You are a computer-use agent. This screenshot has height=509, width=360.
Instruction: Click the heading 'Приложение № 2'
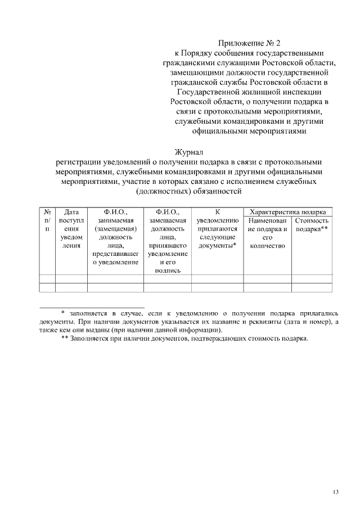[x=247, y=42]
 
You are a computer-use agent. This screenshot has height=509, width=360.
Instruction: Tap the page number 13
[x=335, y=492]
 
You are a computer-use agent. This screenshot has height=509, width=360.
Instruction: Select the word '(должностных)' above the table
[x=162, y=192]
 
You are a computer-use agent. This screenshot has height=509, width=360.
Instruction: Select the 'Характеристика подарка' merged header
[x=287, y=213]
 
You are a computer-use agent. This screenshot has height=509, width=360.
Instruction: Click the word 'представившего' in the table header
[x=115, y=254]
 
